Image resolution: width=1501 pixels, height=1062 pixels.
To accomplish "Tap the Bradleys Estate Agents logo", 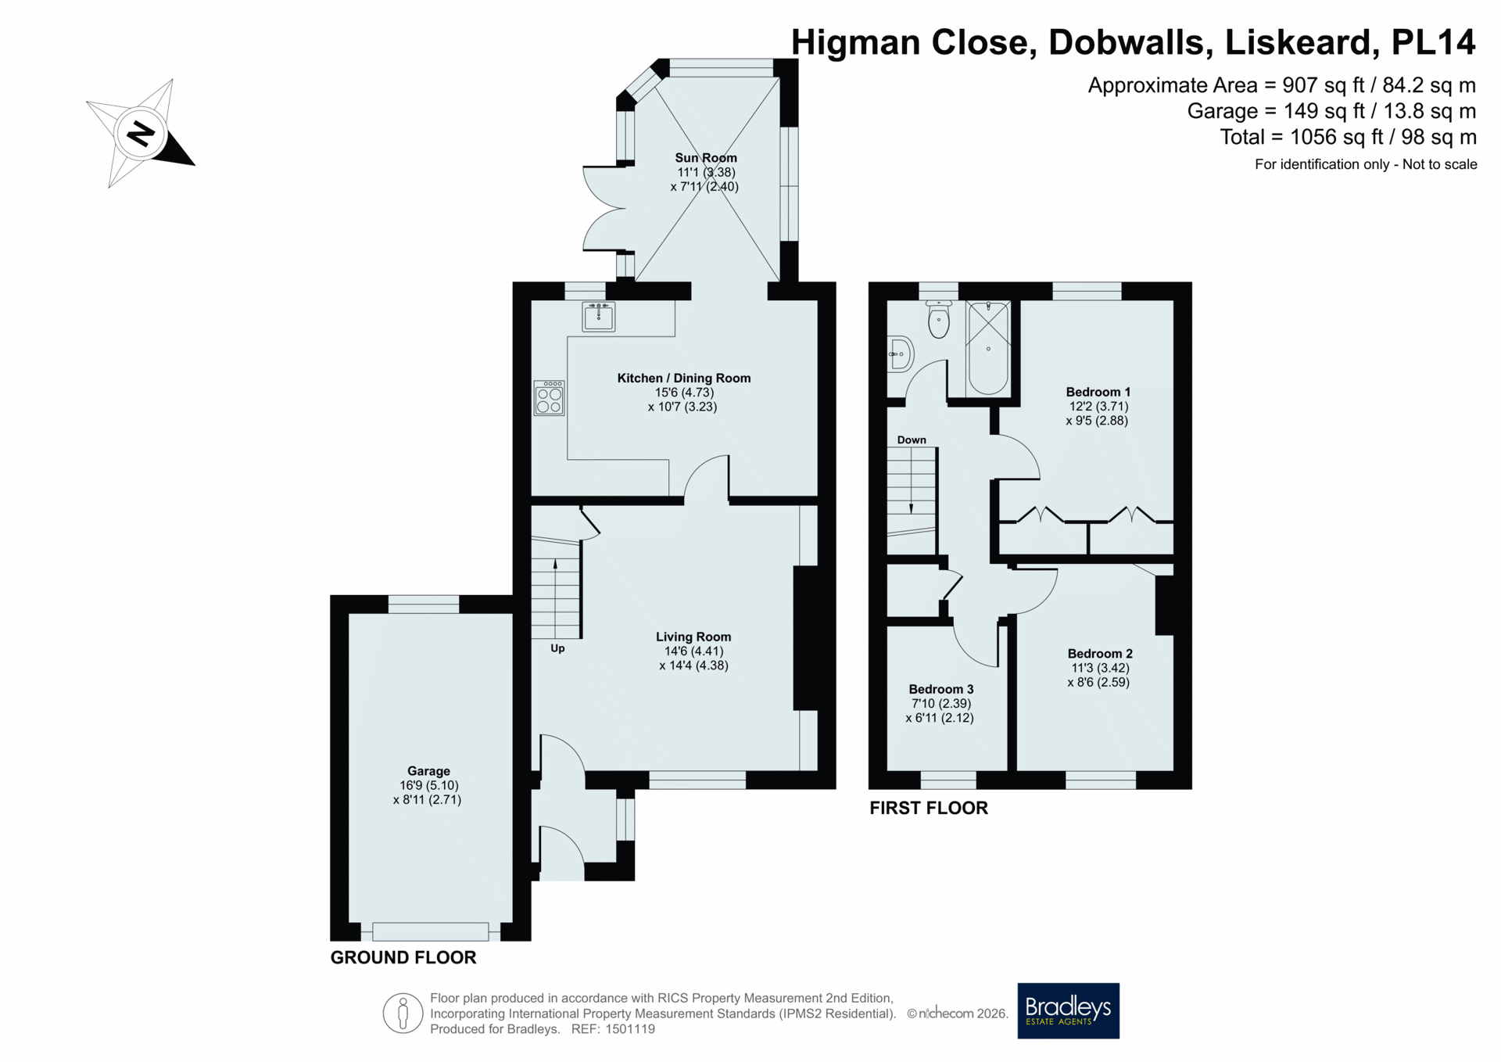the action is pyautogui.click(x=1068, y=1010).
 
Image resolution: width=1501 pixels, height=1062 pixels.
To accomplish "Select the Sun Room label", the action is pyautogui.click(x=706, y=158).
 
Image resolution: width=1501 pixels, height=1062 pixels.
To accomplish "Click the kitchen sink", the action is pyautogui.click(x=599, y=316).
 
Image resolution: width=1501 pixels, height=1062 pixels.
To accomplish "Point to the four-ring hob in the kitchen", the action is pyautogui.click(x=550, y=398).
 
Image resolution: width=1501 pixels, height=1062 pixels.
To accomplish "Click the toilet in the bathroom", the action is pyautogui.click(x=938, y=319).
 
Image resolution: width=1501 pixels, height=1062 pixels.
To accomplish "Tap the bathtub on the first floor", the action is pyautogui.click(x=988, y=348).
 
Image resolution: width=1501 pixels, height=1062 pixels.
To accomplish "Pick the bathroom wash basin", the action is pyautogui.click(x=901, y=354).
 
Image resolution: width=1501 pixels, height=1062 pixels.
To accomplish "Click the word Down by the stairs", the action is pyautogui.click(x=912, y=440).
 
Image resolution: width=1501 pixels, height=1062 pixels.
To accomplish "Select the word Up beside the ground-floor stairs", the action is pyautogui.click(x=557, y=648).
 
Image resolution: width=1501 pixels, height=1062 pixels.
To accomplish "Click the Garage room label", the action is pyautogui.click(x=428, y=771).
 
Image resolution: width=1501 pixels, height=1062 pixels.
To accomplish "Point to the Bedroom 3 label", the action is pyautogui.click(x=941, y=689).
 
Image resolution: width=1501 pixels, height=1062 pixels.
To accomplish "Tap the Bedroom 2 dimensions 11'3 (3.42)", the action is pyautogui.click(x=1100, y=668).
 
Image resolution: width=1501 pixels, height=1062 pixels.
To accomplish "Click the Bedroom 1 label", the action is pyautogui.click(x=1098, y=392).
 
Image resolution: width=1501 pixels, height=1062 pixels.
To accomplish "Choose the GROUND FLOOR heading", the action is pyautogui.click(x=403, y=957).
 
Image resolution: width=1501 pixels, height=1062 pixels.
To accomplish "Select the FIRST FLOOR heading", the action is pyautogui.click(x=929, y=808).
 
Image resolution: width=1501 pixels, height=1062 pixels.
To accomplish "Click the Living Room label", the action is pyautogui.click(x=693, y=637).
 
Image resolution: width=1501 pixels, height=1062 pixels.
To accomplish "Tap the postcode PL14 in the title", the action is pyautogui.click(x=1434, y=42).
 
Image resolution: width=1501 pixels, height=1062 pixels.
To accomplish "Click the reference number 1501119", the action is pyautogui.click(x=629, y=1029).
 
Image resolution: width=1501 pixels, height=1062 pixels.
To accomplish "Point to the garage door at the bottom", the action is pyautogui.click(x=431, y=931).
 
